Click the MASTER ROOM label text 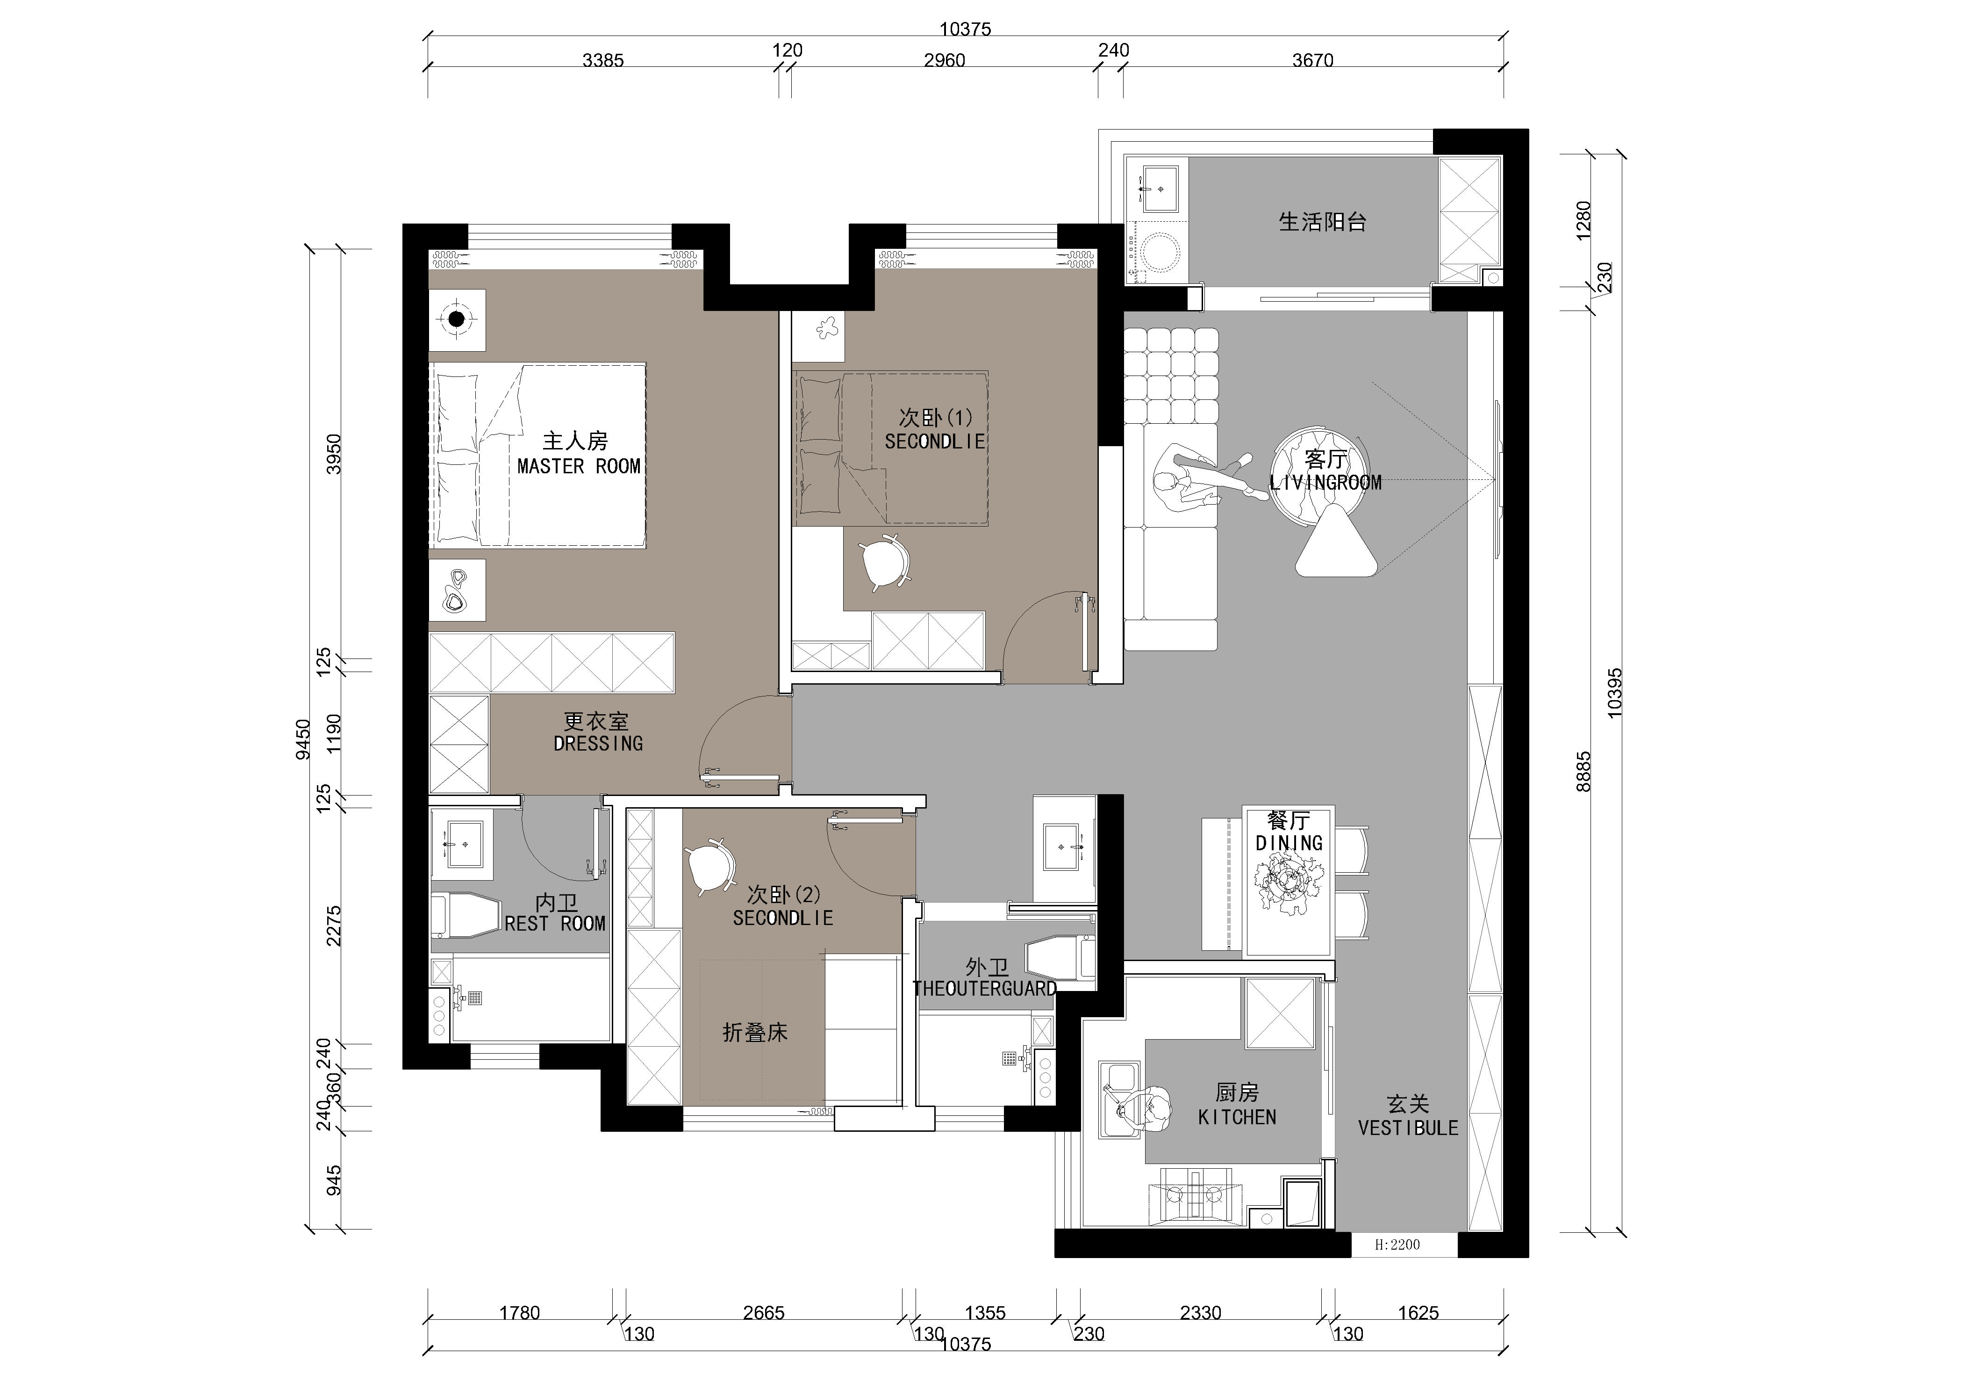(x=579, y=466)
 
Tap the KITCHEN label (x=1237, y=1117)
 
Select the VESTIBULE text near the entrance (x=1408, y=1128)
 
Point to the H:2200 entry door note (x=1397, y=1244)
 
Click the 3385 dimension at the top (x=603, y=61)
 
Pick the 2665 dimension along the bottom (x=764, y=1313)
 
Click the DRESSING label (x=598, y=743)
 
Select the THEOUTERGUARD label (x=985, y=989)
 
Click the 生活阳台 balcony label (x=1323, y=222)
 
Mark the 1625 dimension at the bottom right (x=1419, y=1313)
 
